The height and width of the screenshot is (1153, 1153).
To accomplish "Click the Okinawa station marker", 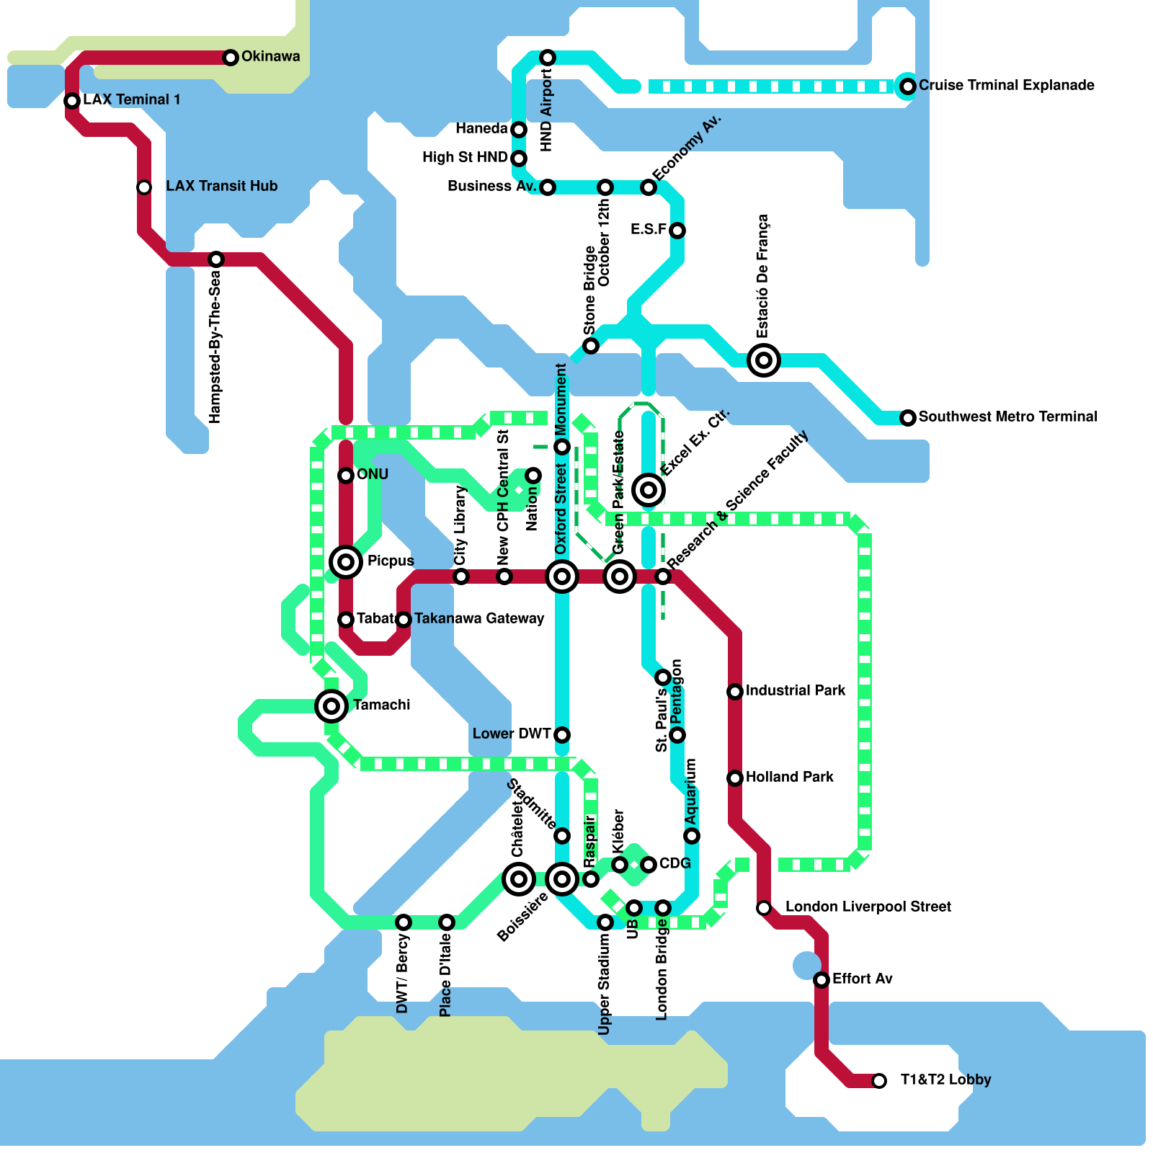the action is (x=231, y=57).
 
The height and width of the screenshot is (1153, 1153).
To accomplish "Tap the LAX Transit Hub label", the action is (x=221, y=186).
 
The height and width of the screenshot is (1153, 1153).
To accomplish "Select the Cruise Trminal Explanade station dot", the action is (x=908, y=86).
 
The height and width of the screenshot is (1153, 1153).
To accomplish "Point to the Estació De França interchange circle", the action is (x=764, y=360).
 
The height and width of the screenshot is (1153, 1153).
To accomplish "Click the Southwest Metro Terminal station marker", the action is (x=908, y=417).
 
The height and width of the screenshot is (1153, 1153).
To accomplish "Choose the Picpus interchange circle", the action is (x=346, y=561).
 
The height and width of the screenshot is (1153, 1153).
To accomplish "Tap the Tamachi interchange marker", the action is (x=331, y=705).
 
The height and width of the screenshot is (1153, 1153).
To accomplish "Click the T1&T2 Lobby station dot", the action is (x=879, y=1080).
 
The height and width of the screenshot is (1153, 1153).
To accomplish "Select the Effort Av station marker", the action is (x=822, y=979).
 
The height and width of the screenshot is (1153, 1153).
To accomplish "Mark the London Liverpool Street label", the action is (x=868, y=907).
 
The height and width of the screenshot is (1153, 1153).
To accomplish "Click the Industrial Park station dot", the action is (x=735, y=691).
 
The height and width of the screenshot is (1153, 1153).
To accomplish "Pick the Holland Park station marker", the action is (x=735, y=778).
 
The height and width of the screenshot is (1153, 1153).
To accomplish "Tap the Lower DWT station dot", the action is (x=562, y=734).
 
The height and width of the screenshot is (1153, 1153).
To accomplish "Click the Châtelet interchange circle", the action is (x=519, y=878).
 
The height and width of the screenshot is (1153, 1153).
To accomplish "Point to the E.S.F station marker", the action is (x=677, y=230).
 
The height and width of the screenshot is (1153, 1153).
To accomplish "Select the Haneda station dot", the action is (x=519, y=129).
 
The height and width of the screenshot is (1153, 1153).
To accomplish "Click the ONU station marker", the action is (x=346, y=475).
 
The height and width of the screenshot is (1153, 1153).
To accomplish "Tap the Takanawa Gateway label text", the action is (x=479, y=618).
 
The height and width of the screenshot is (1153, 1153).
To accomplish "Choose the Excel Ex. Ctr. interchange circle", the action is (x=649, y=489).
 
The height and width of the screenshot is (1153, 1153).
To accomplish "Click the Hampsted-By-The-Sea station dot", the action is (x=216, y=259).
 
